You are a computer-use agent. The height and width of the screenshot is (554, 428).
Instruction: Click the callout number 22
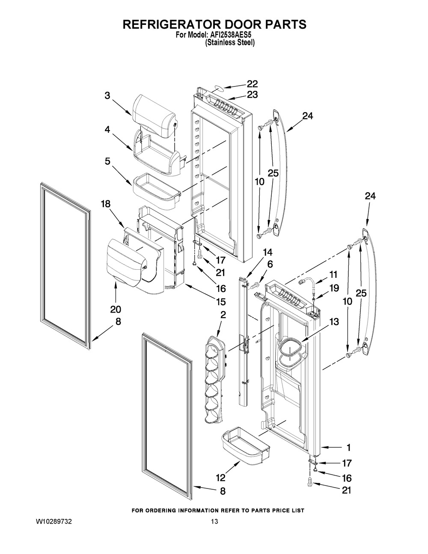[x=252, y=84]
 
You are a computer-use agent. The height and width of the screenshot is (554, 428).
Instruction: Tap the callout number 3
[x=107, y=95]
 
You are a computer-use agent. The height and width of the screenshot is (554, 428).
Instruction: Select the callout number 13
[x=334, y=322]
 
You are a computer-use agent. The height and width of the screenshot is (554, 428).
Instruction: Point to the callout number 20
[x=116, y=309]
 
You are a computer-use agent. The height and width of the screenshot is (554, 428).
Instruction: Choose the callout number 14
[x=267, y=252]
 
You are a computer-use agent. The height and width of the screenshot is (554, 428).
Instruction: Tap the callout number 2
[x=223, y=315]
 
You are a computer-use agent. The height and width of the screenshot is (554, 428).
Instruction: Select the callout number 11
[x=333, y=274]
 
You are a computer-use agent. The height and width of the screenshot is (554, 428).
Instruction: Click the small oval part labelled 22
[x=217, y=89]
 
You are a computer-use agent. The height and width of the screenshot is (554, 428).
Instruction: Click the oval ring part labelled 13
[x=291, y=347]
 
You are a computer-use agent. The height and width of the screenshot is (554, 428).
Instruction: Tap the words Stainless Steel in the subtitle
[x=230, y=43]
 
